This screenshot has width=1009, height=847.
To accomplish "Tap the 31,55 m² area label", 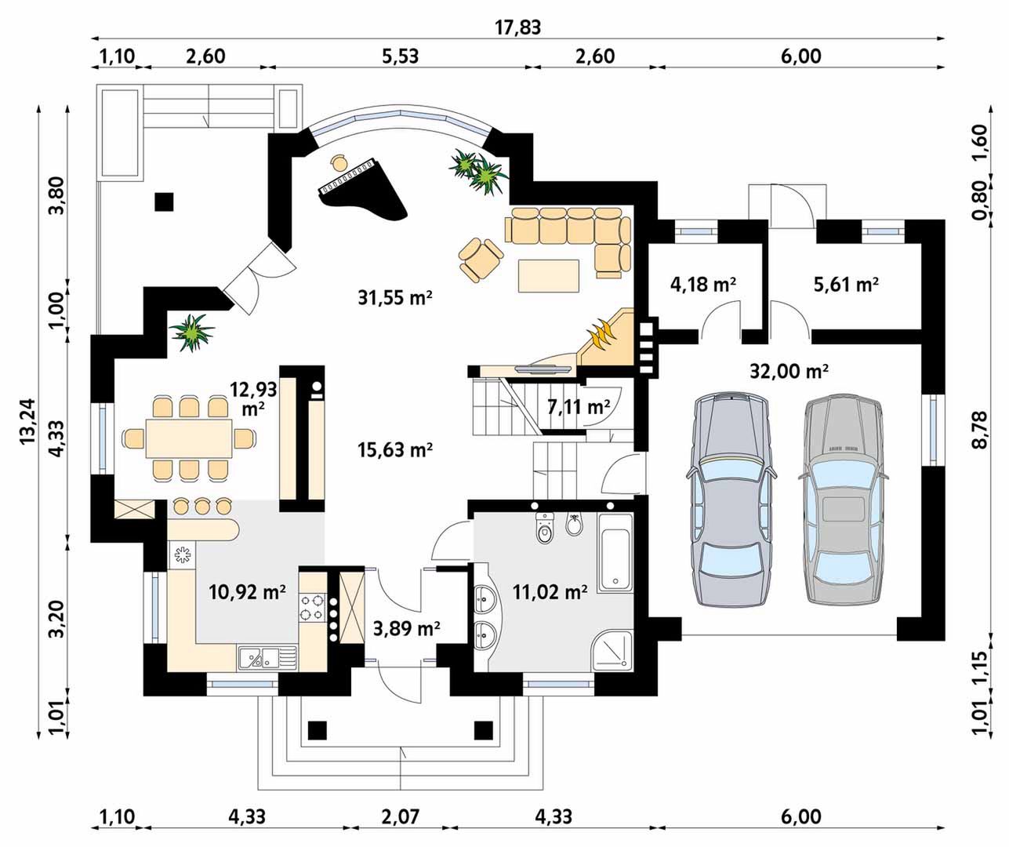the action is pos(395,298).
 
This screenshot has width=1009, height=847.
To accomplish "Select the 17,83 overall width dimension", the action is pos(517,27).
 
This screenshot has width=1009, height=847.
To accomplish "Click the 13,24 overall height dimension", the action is pos(27,420).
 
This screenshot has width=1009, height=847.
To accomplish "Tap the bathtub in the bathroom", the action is pos(615,553).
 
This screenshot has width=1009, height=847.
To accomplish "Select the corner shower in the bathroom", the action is pos(613,650).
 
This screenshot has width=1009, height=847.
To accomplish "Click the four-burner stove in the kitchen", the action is pos(312,608).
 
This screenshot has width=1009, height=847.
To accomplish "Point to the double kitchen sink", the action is pos(267,657).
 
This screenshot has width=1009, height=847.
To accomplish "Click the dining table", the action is pos(190,438).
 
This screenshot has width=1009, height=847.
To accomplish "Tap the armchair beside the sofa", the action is pos(480,259).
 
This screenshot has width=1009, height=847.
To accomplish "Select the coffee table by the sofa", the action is pos(549,275).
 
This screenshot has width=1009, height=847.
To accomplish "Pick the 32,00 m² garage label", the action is pos(789,371).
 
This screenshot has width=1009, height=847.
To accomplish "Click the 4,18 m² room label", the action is pos(702,284).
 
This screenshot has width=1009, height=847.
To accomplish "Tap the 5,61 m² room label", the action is pos(846,284).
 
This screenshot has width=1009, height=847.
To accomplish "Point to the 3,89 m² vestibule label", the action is pos(406,628).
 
